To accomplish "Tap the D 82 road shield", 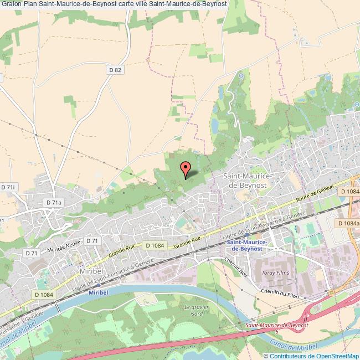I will coord(115,69).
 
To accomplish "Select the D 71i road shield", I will coord(8,188).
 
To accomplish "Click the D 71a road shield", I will coord(54,203).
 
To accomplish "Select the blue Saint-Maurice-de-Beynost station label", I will coord(247,245).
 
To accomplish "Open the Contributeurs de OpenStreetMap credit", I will coord(314,356).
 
